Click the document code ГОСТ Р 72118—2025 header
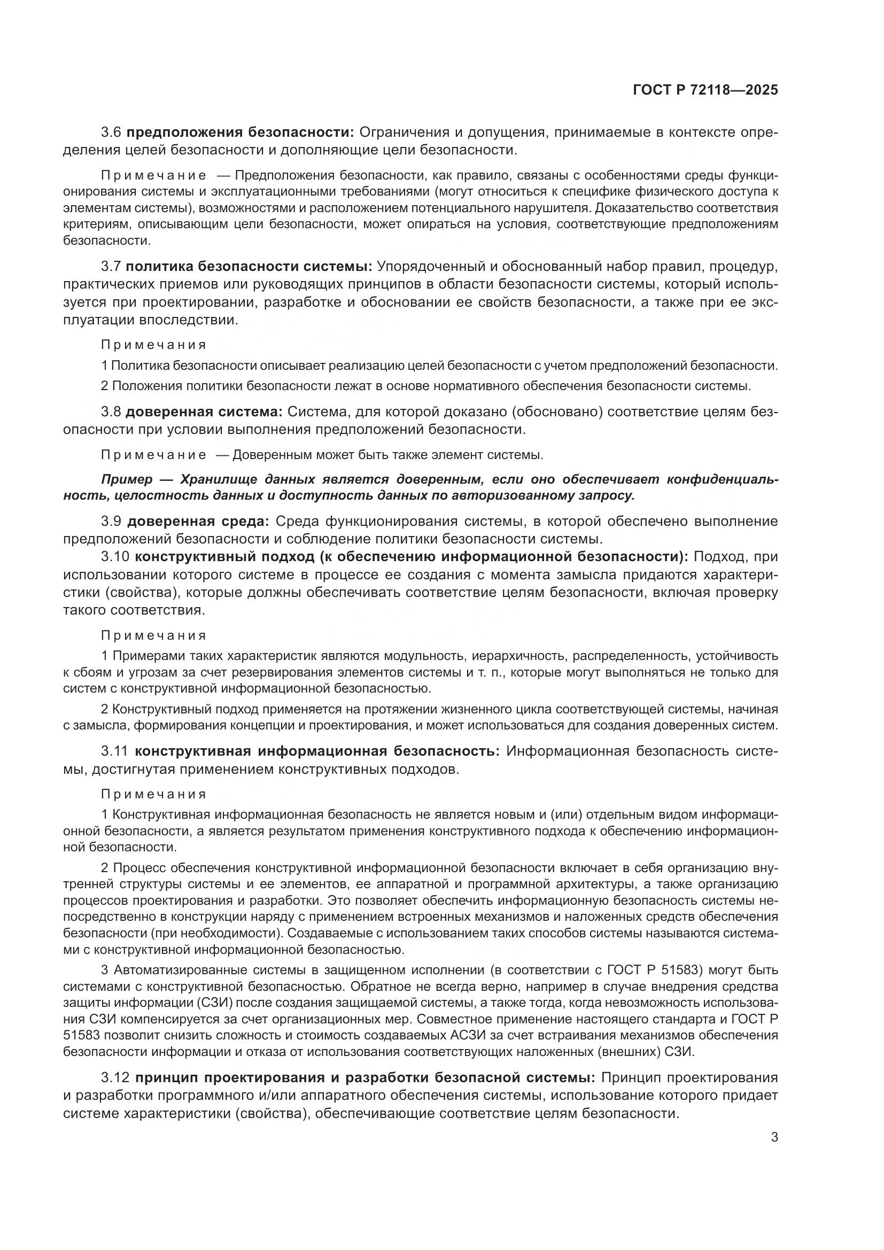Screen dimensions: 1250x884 (705, 90)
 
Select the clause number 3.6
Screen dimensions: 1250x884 (113, 133)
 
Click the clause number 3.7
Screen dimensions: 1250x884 (113, 266)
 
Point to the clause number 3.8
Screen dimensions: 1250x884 (113, 412)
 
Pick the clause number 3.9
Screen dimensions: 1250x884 (113, 521)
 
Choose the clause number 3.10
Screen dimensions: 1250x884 (116, 556)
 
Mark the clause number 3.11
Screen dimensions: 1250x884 (115, 751)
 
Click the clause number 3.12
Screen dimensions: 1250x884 (116, 1077)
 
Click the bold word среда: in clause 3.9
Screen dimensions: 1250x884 (242, 521)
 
